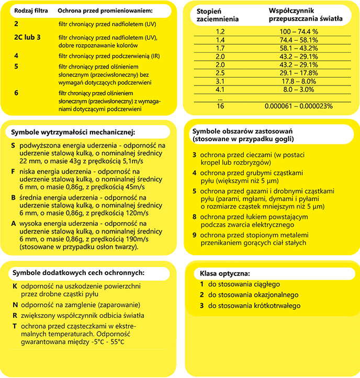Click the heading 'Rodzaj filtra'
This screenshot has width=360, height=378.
pos(31,11)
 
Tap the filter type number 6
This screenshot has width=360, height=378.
pos(17,92)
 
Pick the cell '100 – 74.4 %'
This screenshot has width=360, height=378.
pos(299,31)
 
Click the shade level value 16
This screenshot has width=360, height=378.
pos(220,106)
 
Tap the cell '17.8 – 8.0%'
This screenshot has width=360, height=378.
pos(299,81)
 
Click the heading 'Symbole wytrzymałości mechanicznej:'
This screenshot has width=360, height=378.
pos(73,131)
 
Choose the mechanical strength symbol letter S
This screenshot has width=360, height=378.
pos(13,144)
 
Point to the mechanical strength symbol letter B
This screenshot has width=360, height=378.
pos(13,199)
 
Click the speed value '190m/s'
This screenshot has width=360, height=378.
pos(134,239)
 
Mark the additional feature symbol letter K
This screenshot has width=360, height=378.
pos(15,286)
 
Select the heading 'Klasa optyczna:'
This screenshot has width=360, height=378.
pos(225,273)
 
